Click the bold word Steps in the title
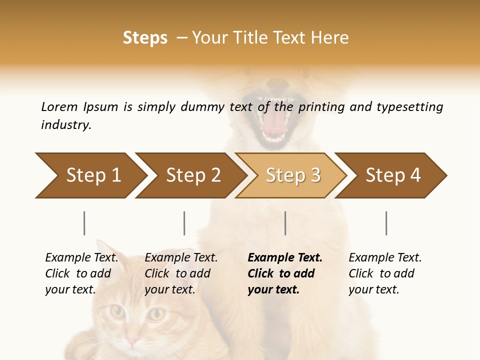point(145,38)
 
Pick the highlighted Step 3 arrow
point(293,175)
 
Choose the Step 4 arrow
point(393,175)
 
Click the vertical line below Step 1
point(84,223)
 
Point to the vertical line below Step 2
point(184,223)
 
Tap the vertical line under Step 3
point(285,223)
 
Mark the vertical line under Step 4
point(386,223)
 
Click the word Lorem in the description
point(59,107)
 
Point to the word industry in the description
point(66,125)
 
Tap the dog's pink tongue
point(272,125)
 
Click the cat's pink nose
point(132,340)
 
